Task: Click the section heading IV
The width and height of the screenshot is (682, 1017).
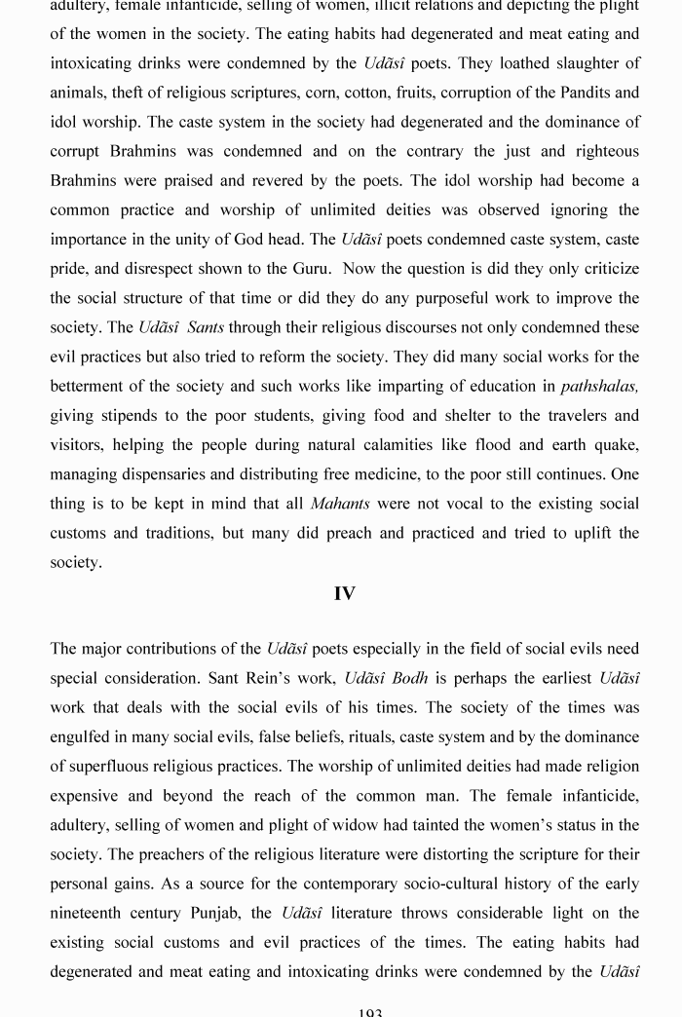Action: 344,594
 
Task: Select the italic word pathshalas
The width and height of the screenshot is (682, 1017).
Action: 599,387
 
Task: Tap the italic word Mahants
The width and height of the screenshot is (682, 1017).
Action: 340,504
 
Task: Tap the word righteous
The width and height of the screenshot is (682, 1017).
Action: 603,151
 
